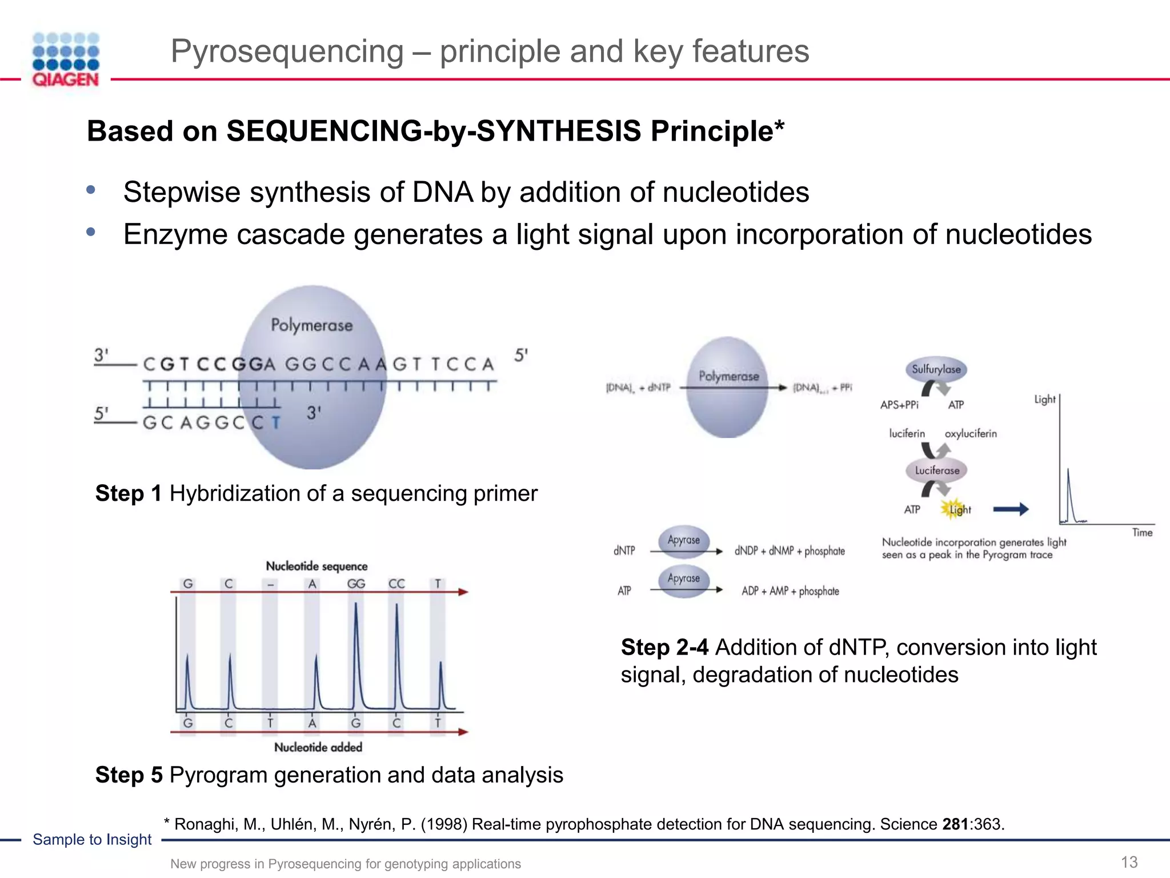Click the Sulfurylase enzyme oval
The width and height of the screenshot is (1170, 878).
pos(936,369)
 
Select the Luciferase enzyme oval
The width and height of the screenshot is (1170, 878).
pos(937,470)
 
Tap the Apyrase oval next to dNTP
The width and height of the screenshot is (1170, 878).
pos(683,540)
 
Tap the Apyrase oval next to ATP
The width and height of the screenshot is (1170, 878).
pos(683,579)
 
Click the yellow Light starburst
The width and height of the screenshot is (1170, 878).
pos(953,509)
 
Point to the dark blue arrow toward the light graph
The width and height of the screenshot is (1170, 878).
pos(1011,509)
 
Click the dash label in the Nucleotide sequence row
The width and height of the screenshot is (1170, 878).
pos(271,584)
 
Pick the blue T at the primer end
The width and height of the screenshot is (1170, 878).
pos(276,423)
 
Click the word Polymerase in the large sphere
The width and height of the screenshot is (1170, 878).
pos(311,325)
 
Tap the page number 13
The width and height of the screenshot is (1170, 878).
pos(1129,862)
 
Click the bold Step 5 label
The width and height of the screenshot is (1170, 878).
pos(129,775)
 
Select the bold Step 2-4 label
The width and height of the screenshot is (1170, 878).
pos(664,648)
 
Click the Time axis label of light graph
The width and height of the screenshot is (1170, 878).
pos(1142,533)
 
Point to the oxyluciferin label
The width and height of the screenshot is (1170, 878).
pos(970,434)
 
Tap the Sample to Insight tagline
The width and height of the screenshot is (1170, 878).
pos(92,839)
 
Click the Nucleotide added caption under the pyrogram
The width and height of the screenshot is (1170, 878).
pos(318,747)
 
